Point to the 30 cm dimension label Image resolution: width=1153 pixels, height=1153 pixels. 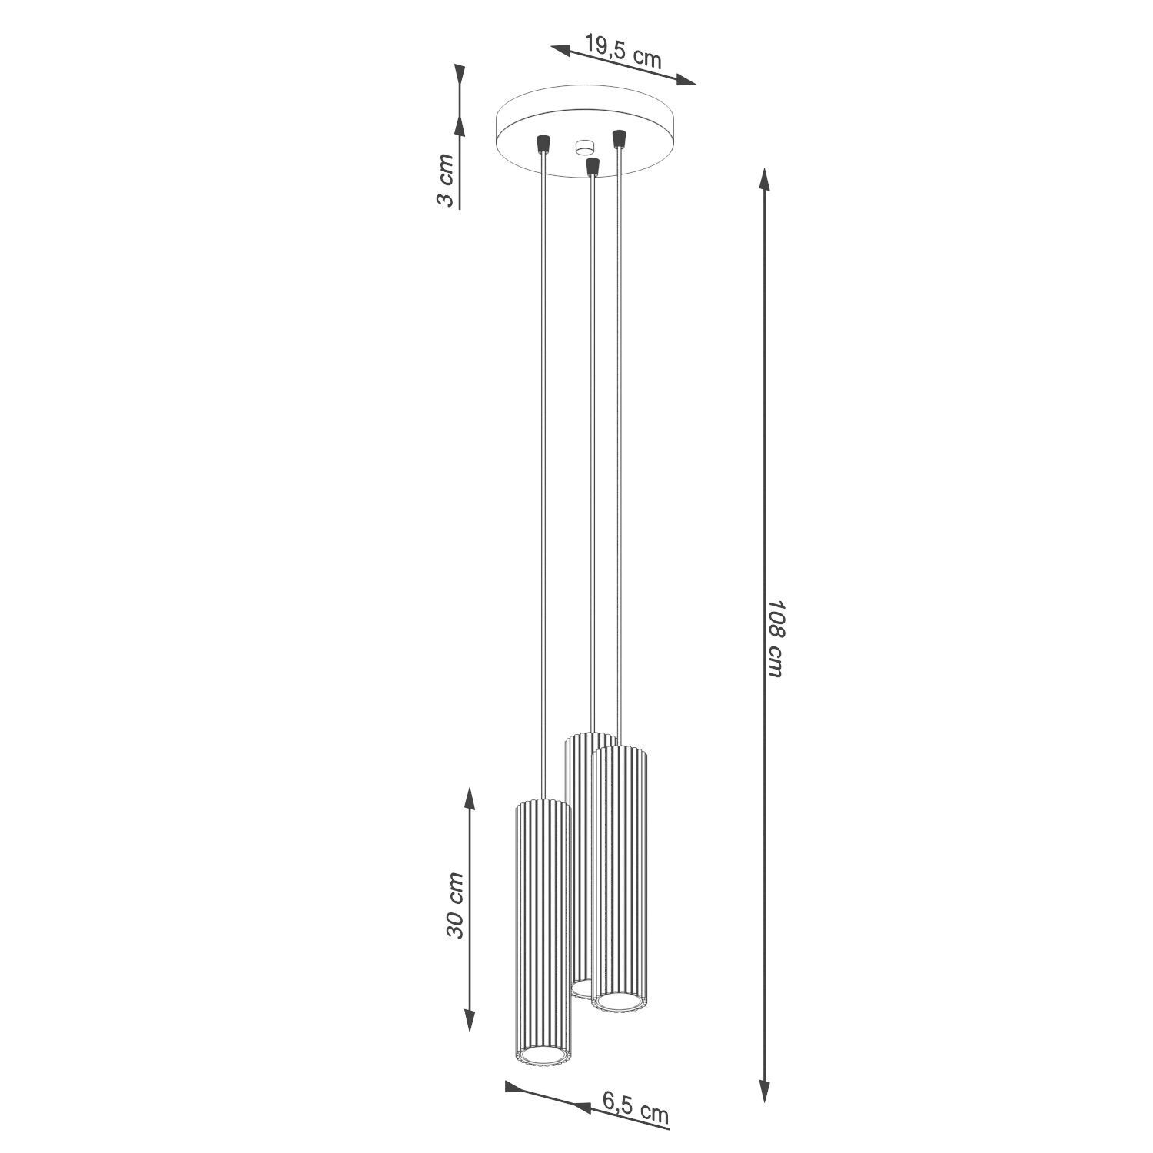(x=456, y=905)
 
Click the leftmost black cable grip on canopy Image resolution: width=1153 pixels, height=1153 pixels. (x=543, y=143)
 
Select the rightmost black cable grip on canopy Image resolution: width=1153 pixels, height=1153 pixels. (x=617, y=139)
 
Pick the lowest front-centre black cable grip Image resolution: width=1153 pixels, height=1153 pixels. (x=592, y=165)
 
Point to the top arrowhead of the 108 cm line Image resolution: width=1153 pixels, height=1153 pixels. (x=764, y=180)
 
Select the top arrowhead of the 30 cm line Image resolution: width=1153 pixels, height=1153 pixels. (x=470, y=799)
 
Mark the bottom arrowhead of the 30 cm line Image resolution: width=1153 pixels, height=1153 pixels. (x=470, y=1018)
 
